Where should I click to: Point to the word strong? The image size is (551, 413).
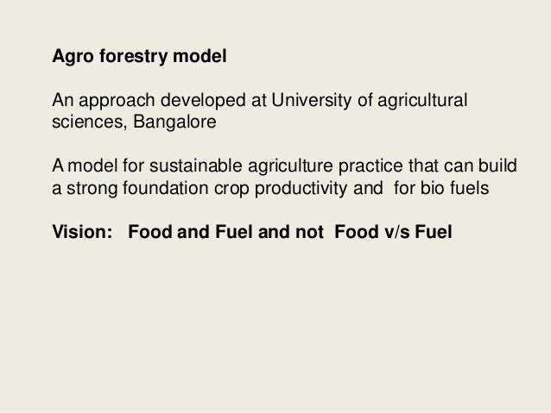click(x=90, y=190)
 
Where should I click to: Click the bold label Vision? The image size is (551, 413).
click(x=81, y=233)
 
